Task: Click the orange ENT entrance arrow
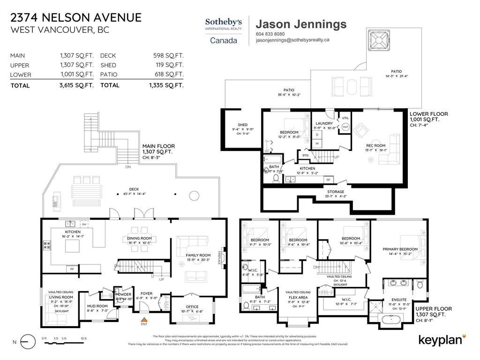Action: pyautogui.click(x=144, y=320)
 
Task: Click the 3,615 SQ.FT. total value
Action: pyautogui.click(x=76, y=85)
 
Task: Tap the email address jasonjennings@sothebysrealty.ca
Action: pyautogui.click(x=292, y=40)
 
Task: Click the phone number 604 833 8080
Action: pyautogui.click(x=270, y=34)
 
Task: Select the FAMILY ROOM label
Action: pyautogui.click(x=197, y=255)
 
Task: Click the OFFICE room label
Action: pyautogui.click(x=192, y=294)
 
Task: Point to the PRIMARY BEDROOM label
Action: pyautogui.click(x=400, y=249)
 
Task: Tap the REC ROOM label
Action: pyautogui.click(x=375, y=145)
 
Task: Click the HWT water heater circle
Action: pyautogui.click(x=345, y=127)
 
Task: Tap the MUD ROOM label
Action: pyautogui.click(x=97, y=306)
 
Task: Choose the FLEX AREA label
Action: pyautogui.click(x=298, y=297)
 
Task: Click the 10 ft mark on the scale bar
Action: pyautogui.click(x=83, y=338)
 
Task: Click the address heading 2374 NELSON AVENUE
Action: pyautogui.click(x=75, y=18)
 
